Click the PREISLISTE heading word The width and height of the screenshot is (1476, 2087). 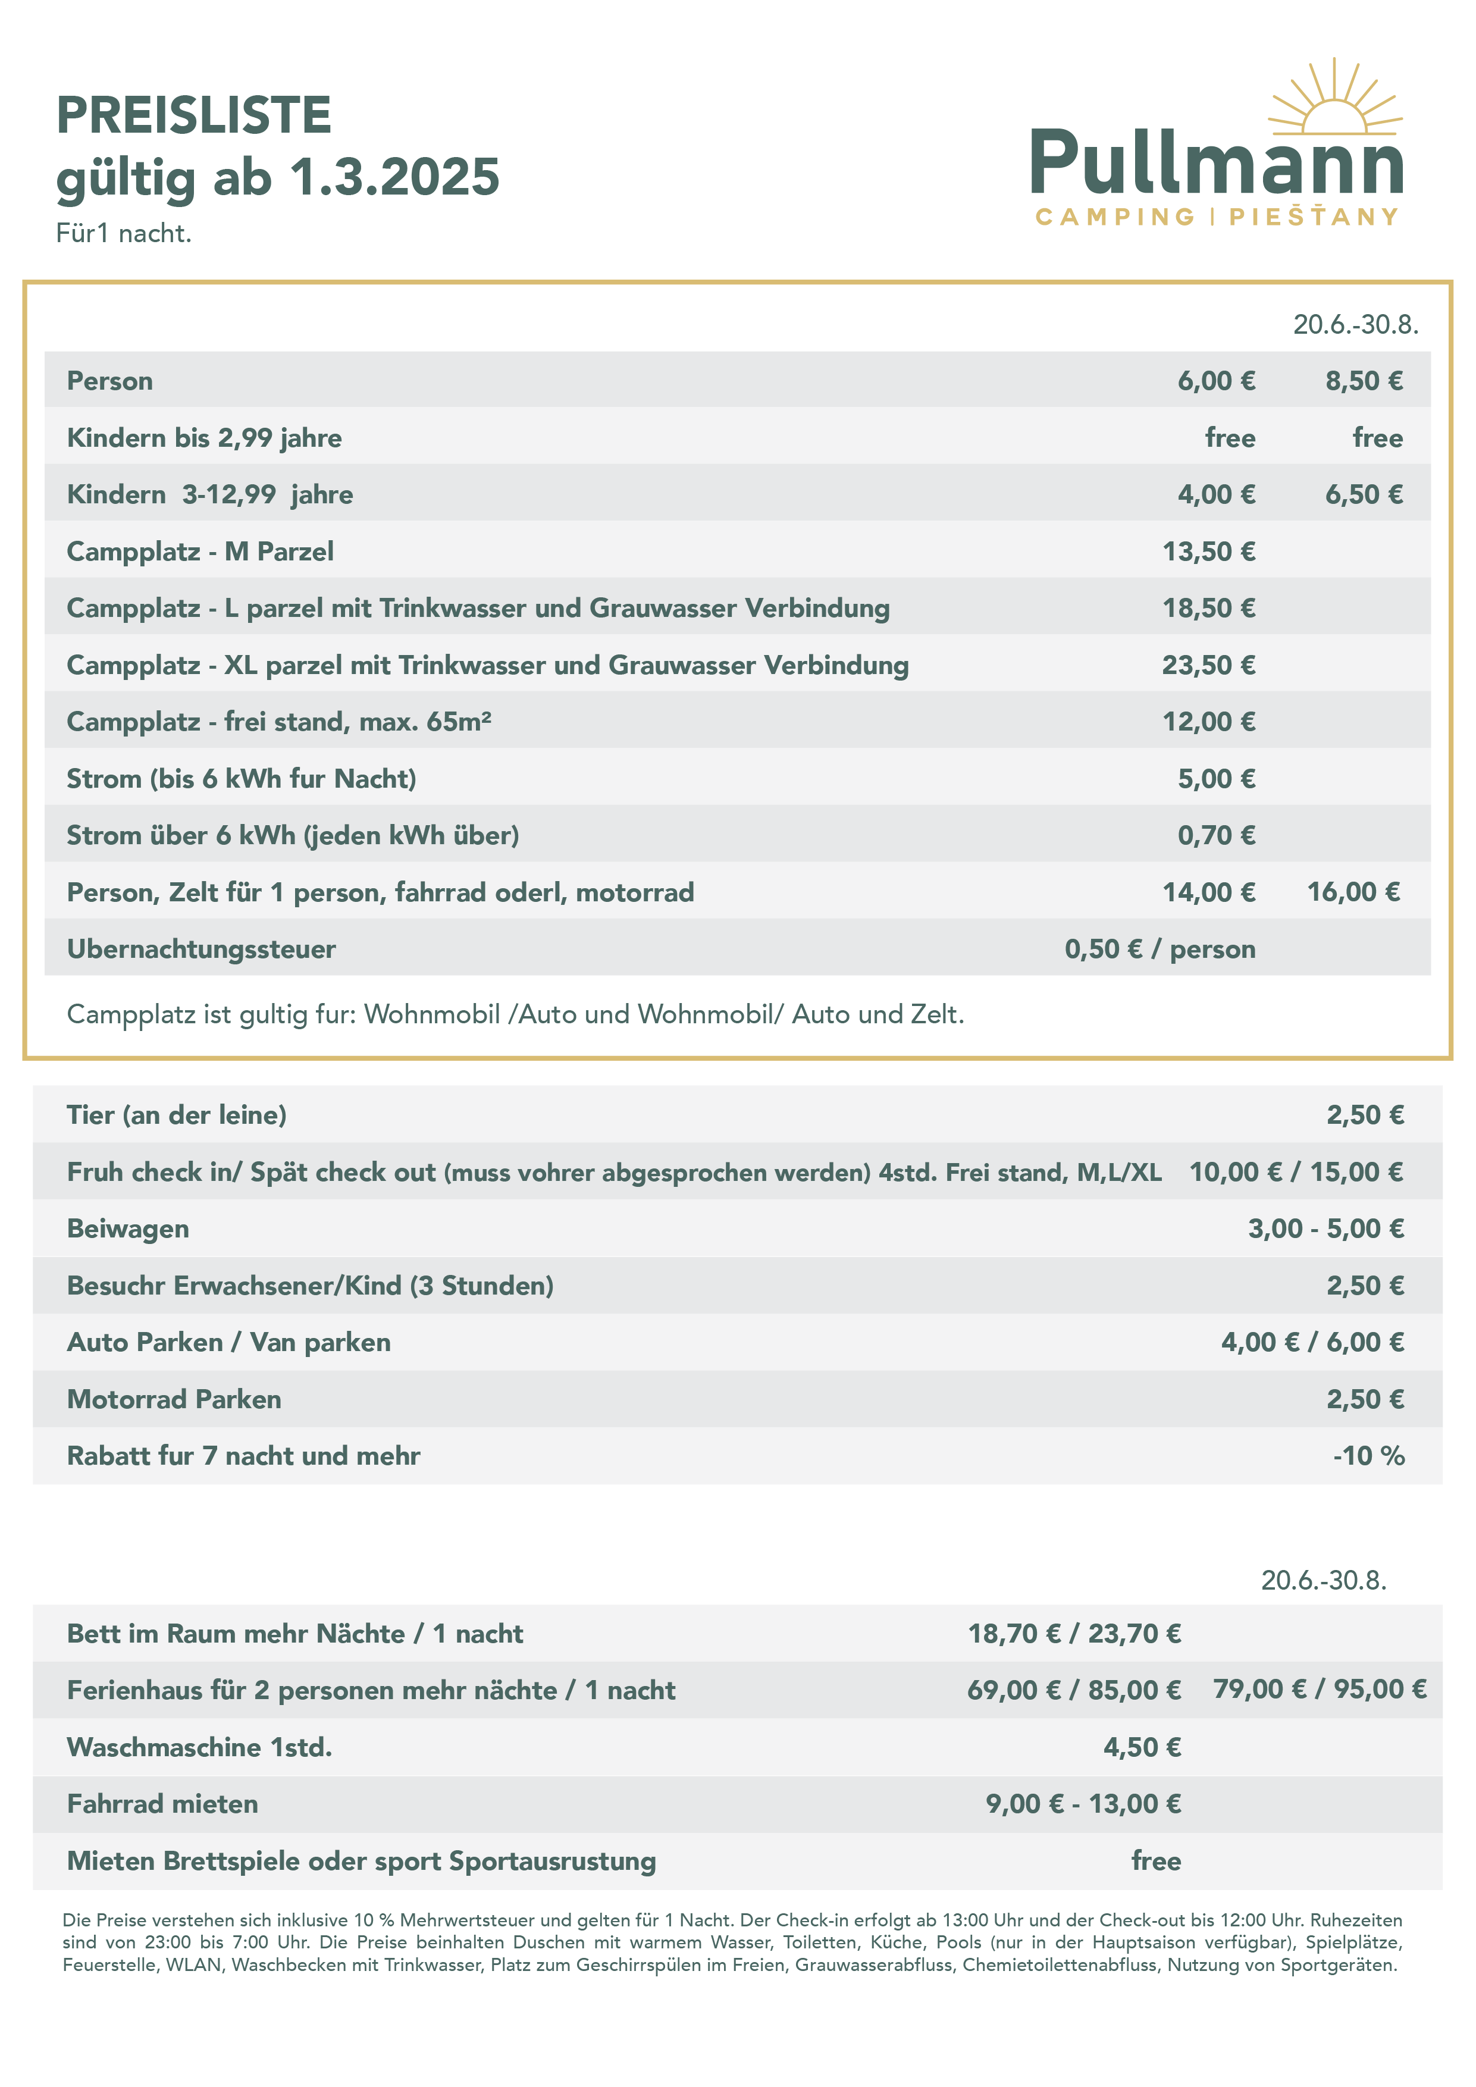click(193, 115)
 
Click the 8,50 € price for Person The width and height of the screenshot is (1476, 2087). click(1364, 381)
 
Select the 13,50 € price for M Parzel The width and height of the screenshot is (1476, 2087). click(1209, 551)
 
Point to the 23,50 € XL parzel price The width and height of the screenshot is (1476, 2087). click(1209, 665)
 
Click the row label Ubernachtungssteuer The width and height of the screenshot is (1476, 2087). click(201, 949)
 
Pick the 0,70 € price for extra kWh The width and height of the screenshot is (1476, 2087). click(1216, 835)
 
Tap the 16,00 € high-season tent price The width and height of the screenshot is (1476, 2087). click(1353, 892)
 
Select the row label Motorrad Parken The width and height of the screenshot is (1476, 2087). click(174, 1399)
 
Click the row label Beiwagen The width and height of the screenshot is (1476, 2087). click(128, 1229)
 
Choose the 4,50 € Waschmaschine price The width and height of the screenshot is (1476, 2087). click(1142, 1747)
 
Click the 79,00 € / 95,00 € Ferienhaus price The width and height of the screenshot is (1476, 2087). click(1320, 1689)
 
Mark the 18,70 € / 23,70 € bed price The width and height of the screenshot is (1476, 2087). click(1074, 1634)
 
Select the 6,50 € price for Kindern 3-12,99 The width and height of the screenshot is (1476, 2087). click(1364, 494)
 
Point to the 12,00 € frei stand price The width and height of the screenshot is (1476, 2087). click(1209, 722)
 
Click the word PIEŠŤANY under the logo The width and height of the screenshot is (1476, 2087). click(1314, 217)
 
